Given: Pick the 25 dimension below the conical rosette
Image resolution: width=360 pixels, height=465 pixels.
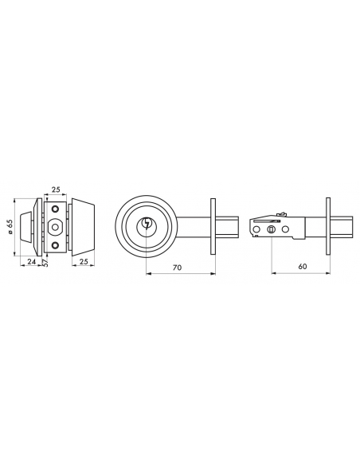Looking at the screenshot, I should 83,260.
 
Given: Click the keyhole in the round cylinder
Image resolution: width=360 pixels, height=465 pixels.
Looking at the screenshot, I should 148,225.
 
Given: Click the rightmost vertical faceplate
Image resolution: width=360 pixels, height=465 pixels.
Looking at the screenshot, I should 328,226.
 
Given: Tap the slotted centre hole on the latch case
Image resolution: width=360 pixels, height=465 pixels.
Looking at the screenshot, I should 272,230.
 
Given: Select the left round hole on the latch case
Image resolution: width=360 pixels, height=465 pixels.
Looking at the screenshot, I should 257,231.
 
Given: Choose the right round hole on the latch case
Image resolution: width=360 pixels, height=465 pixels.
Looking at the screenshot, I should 285,231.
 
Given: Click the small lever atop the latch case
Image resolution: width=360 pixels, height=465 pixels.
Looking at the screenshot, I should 280,213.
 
